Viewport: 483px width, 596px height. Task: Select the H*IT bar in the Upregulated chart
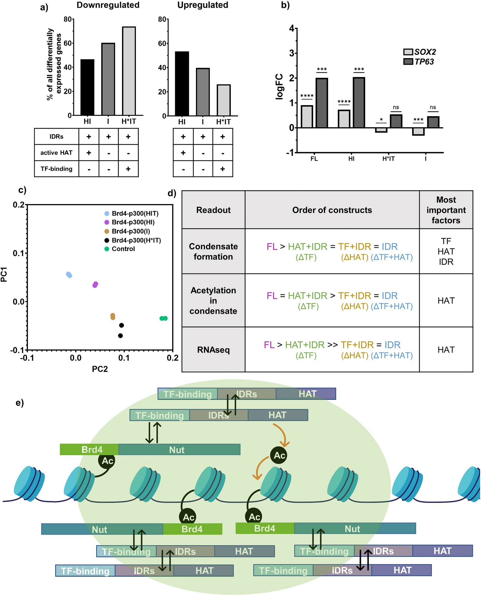pos(223,100)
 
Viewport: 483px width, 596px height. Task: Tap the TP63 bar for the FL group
pos(322,103)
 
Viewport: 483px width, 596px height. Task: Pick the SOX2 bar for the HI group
pos(344,119)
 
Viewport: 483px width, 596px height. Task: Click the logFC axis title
pos(279,86)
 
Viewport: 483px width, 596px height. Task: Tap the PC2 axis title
pos(100,369)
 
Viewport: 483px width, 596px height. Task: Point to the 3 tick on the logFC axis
pos(292,53)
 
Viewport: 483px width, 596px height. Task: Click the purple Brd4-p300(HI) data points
pos(95,285)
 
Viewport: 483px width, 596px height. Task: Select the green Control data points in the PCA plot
pos(164,318)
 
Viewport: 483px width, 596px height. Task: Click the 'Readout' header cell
pos(213,210)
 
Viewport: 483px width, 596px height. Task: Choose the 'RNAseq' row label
pos(213,350)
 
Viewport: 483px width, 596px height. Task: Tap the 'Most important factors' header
pos(446,210)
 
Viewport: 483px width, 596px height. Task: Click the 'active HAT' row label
pos(56,153)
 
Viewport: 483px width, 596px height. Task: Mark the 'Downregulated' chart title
pos(108,5)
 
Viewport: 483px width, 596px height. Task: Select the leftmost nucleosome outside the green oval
pos(29,484)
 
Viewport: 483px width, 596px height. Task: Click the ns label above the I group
pos(433,107)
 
